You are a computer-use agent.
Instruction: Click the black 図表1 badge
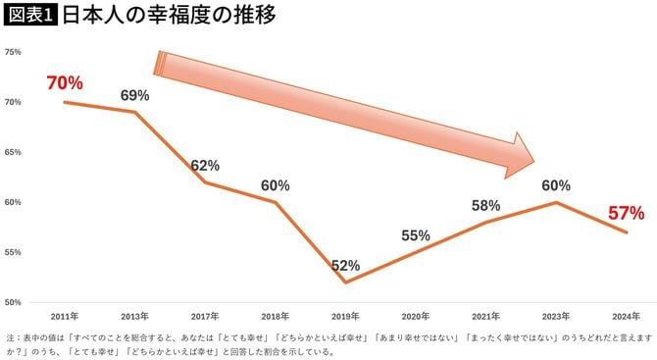31,17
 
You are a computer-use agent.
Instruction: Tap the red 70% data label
65,82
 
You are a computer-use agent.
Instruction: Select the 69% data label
134,95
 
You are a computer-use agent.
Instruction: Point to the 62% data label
205,166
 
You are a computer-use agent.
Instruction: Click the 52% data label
345,266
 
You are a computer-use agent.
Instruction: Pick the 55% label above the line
416,235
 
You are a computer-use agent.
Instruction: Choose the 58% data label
485,206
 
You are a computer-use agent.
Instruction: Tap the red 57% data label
626,212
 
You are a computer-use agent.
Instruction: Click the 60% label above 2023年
556,185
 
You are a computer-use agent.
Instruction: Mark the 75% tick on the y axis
13,52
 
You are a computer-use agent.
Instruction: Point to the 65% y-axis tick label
13,152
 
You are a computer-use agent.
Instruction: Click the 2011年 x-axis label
65,317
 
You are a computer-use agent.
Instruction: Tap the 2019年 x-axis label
345,317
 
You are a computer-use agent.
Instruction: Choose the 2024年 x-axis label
626,317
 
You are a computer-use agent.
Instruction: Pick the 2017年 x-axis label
205,317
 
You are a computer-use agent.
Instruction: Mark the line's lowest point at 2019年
345,283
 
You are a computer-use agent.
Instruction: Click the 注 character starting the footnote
10,336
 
